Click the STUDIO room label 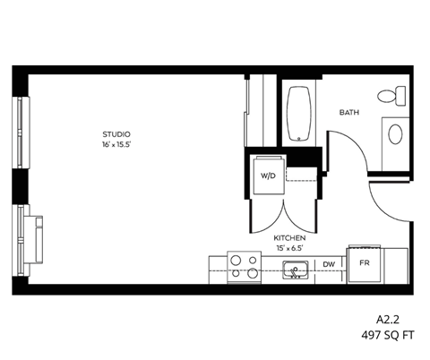click(x=116, y=134)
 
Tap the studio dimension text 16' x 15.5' click(x=116, y=144)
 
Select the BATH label click(x=349, y=113)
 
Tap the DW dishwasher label click(x=329, y=264)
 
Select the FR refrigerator click(x=365, y=264)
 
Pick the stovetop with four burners click(x=244, y=266)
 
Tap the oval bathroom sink click(x=394, y=135)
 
